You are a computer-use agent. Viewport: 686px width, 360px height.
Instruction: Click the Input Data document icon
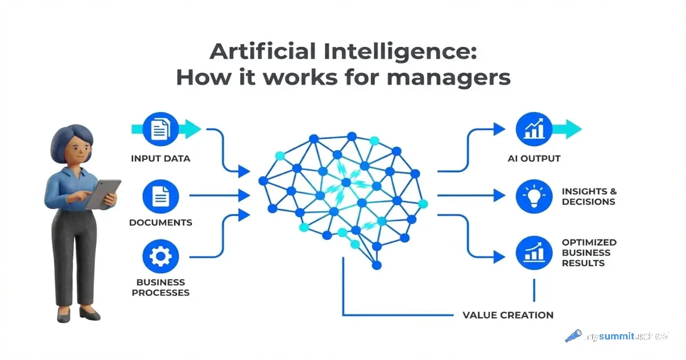[x=160, y=130]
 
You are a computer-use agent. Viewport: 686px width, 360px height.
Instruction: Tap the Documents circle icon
[x=160, y=197]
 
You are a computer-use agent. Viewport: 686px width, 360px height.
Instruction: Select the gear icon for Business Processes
[x=160, y=257]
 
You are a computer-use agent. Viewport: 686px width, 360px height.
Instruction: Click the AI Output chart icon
[x=534, y=130]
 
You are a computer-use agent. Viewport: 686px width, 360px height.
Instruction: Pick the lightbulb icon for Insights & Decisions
[x=534, y=197]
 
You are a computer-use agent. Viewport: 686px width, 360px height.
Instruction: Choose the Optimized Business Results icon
[x=534, y=252]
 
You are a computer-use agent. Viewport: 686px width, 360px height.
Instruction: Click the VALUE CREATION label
[x=508, y=315]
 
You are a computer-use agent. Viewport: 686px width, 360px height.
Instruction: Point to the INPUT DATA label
[x=161, y=158]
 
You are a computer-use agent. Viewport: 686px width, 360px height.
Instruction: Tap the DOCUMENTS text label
[x=161, y=222]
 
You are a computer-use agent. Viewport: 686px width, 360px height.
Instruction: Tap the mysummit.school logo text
[x=627, y=337]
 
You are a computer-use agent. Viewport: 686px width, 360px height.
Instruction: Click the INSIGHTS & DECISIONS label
[x=589, y=197]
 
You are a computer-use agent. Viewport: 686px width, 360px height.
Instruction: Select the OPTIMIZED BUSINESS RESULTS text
[x=589, y=253]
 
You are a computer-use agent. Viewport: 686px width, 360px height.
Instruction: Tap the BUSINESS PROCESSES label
[x=161, y=287]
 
